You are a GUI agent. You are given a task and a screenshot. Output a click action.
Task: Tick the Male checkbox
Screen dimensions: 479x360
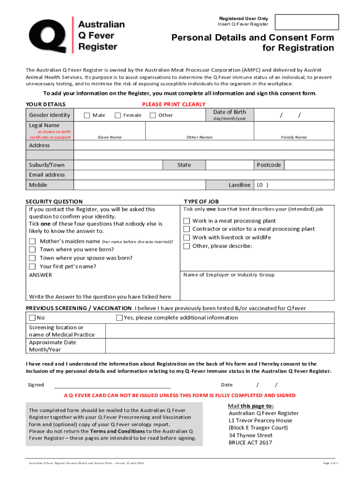(x=86, y=116)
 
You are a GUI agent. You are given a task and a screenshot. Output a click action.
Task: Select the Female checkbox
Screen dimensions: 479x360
(x=117, y=116)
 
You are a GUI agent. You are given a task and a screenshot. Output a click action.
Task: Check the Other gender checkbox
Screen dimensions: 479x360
(x=152, y=116)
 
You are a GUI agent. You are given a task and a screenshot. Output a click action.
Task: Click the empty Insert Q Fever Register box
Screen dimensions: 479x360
(x=307, y=22)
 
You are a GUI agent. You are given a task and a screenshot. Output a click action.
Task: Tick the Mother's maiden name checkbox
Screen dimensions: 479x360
(x=32, y=241)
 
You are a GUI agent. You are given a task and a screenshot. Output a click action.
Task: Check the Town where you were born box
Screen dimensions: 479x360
(x=32, y=250)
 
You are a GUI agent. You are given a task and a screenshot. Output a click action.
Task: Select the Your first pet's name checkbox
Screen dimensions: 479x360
(x=32, y=267)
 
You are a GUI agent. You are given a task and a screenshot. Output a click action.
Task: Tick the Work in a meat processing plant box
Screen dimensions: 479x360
(x=187, y=221)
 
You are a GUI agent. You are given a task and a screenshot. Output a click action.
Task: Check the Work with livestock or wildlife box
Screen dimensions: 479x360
(x=187, y=238)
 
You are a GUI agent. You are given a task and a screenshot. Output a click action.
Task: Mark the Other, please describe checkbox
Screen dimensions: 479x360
(x=187, y=246)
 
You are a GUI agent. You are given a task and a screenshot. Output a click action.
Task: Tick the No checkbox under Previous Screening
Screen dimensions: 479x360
(x=32, y=318)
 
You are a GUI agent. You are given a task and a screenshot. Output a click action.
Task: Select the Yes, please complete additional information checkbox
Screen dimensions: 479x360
(x=119, y=318)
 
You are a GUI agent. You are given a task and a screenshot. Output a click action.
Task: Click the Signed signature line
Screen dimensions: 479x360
(x=112, y=386)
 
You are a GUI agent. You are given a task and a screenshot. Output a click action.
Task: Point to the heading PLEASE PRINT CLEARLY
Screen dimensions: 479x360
(x=173, y=104)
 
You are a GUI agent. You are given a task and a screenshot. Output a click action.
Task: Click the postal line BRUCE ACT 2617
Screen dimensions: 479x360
(x=250, y=443)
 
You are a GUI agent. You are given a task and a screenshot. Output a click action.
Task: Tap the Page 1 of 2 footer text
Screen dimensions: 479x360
(x=330, y=463)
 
